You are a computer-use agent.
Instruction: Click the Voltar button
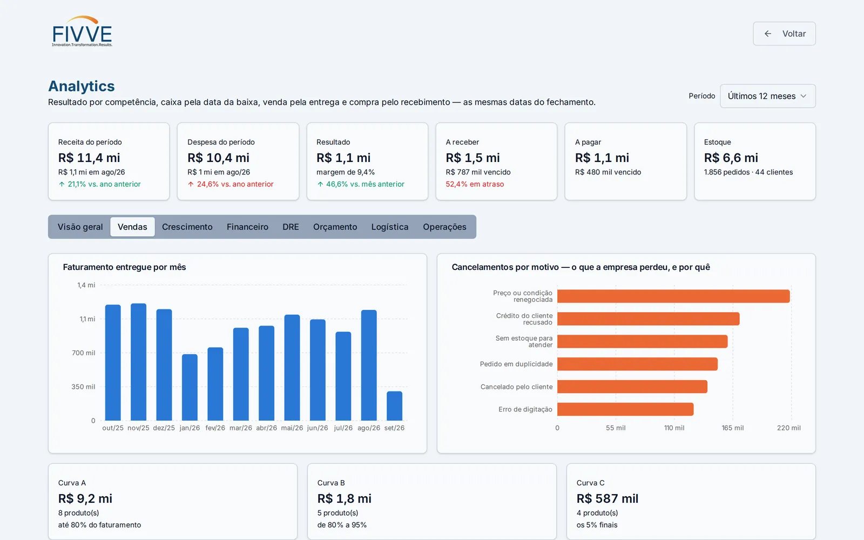784,33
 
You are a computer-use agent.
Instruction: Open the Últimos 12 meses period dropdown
767,96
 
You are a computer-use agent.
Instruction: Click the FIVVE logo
82,31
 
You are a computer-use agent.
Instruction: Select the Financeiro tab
247,227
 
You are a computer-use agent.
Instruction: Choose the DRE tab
291,227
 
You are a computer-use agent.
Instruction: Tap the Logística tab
389,227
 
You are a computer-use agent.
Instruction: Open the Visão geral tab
80,227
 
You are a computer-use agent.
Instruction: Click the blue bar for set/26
394,406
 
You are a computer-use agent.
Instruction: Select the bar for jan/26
190,387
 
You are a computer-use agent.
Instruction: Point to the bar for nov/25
138,362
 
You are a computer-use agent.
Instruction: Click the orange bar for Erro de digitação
625,409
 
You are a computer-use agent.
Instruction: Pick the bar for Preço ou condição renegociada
673,296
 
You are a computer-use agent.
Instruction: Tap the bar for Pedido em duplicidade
637,364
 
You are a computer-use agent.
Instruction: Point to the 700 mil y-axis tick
83,353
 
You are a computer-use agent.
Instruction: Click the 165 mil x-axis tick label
732,428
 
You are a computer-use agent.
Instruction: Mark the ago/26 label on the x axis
369,428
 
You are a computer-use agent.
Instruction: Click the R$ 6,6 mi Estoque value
731,158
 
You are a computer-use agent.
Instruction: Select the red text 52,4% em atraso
475,184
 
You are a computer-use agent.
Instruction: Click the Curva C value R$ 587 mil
607,498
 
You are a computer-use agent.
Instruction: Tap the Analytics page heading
82,86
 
